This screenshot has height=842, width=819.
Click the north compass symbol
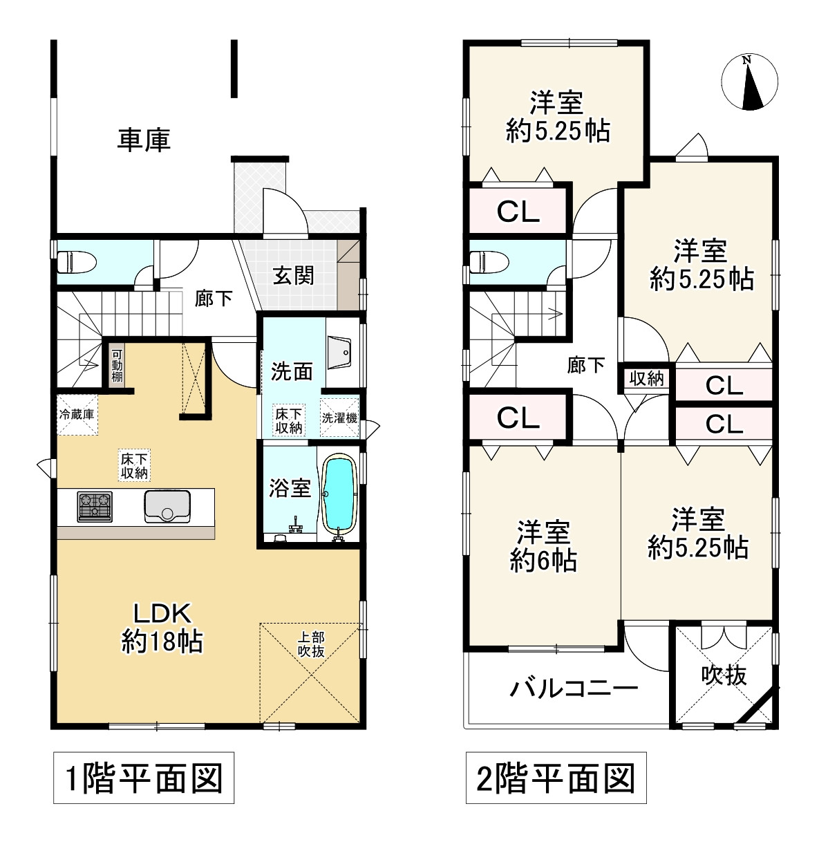pyautogui.click(x=749, y=83)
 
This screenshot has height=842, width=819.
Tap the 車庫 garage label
pyautogui.click(x=143, y=140)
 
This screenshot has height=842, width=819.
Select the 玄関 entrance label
pyautogui.click(x=293, y=275)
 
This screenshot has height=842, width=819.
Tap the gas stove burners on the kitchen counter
pyautogui.click(x=94, y=506)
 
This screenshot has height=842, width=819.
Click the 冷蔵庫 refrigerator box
pyautogui.click(x=77, y=415)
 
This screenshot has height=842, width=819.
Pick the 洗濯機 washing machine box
pyautogui.click(x=339, y=418)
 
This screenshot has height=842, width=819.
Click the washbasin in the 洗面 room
pyautogui.click(x=339, y=353)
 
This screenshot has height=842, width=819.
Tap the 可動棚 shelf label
pyautogui.click(x=117, y=364)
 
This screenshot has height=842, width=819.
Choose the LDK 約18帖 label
pyautogui.click(x=162, y=627)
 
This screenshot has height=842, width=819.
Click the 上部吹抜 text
pyautogui.click(x=311, y=644)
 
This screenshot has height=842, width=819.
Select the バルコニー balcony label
pyautogui.click(x=574, y=688)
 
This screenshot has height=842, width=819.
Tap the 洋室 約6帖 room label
pyautogui.click(x=543, y=546)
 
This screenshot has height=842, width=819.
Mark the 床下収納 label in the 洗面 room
pyautogui.click(x=288, y=420)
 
